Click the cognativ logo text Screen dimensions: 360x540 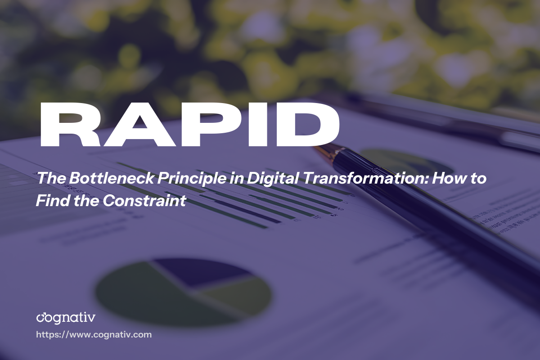click(66, 318)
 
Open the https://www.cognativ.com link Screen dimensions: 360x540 click(94, 335)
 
